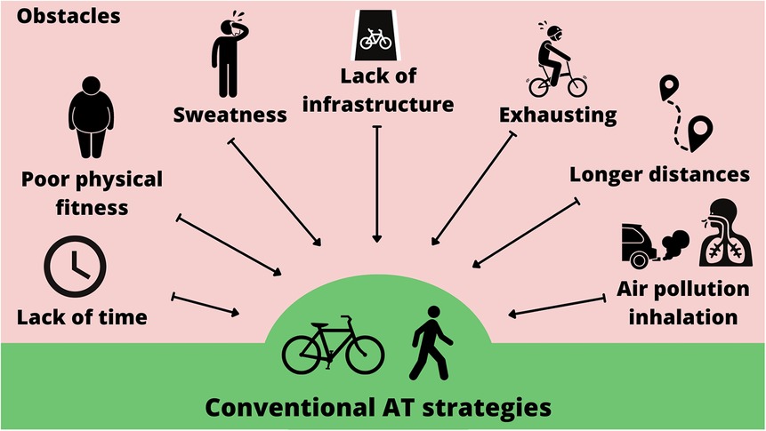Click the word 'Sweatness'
point(230,115)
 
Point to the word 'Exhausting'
point(557,115)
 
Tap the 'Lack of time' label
point(82,316)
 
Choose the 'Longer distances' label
point(659,174)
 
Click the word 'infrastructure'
point(378,105)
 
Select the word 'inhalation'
point(683,315)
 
